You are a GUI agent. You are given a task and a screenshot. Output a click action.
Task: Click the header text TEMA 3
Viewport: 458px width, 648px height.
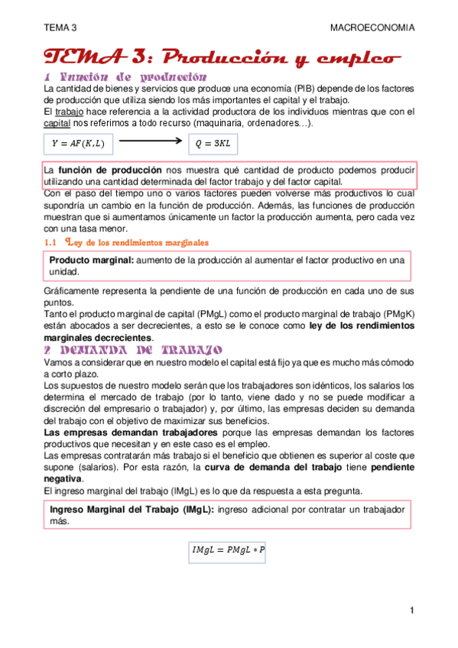coord(60,28)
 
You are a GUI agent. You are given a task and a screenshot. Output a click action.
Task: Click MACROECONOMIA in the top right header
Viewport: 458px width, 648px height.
coord(372,28)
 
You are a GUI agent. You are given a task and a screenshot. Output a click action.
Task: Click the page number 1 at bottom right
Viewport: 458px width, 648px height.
coord(411,610)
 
